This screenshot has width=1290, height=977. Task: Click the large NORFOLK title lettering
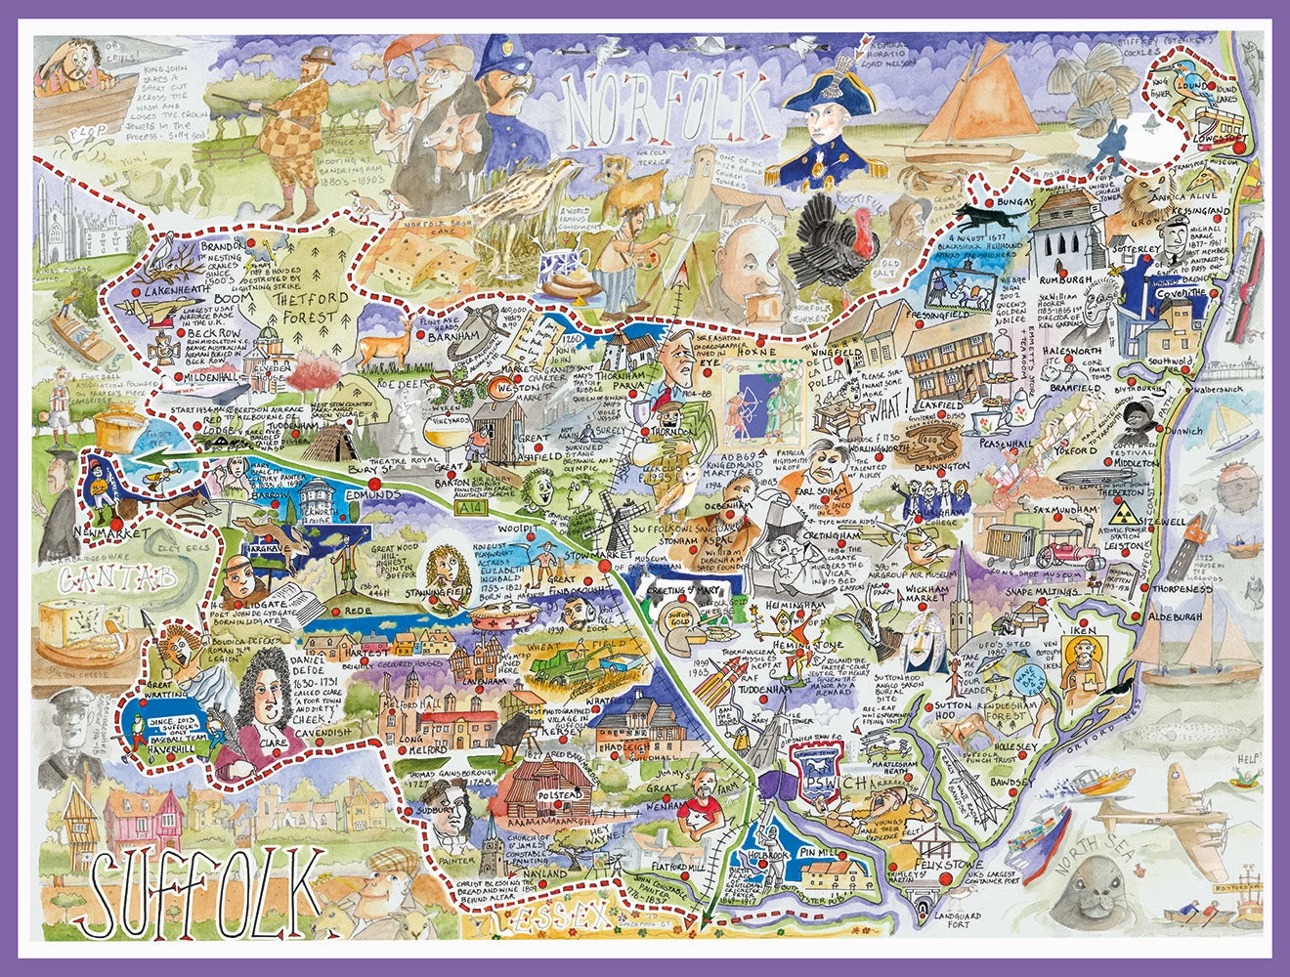click(665, 106)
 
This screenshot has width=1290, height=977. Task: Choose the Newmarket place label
click(109, 533)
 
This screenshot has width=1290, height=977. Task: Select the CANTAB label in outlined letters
click(116, 579)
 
